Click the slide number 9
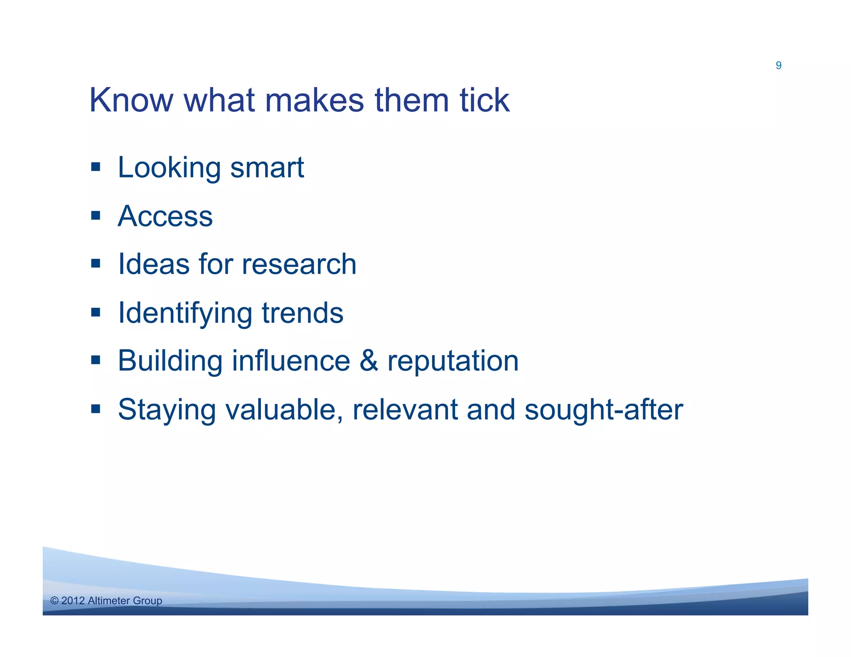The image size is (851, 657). click(778, 65)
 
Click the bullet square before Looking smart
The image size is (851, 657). click(96, 167)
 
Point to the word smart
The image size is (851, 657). click(267, 168)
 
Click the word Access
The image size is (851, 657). click(165, 216)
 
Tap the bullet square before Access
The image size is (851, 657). click(96, 215)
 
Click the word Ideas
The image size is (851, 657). click(153, 265)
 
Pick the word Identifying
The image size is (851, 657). click(185, 314)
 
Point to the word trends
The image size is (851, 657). click(303, 313)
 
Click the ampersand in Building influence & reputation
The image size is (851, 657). click(368, 360)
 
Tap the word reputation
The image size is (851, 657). click(453, 361)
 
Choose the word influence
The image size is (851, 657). click(291, 360)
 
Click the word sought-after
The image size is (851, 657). click(603, 410)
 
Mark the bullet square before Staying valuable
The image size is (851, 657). click(96, 409)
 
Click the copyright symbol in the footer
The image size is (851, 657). click(54, 601)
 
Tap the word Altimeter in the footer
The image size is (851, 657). click(109, 601)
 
